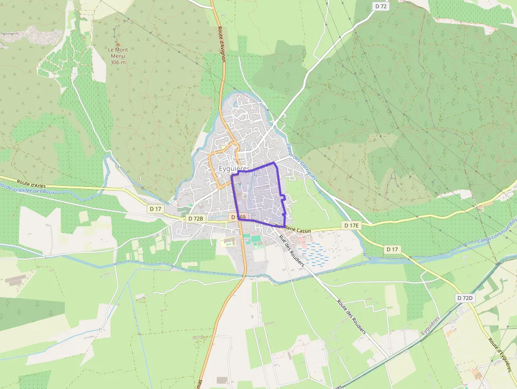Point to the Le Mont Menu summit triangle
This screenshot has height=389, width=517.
click(x=118, y=44)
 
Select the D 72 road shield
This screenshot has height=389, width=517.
click(x=381, y=6)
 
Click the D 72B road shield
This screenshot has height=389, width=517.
click(x=196, y=219)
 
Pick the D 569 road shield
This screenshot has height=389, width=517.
click(x=238, y=217)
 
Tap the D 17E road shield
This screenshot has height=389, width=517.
click(x=351, y=226)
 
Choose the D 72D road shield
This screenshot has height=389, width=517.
click(x=465, y=298)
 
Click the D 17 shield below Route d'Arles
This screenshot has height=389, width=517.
click(x=156, y=209)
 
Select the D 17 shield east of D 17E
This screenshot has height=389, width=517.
click(x=391, y=249)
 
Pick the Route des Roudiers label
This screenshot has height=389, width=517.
click(x=351, y=317)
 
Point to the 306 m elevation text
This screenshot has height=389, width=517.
click(x=118, y=62)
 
